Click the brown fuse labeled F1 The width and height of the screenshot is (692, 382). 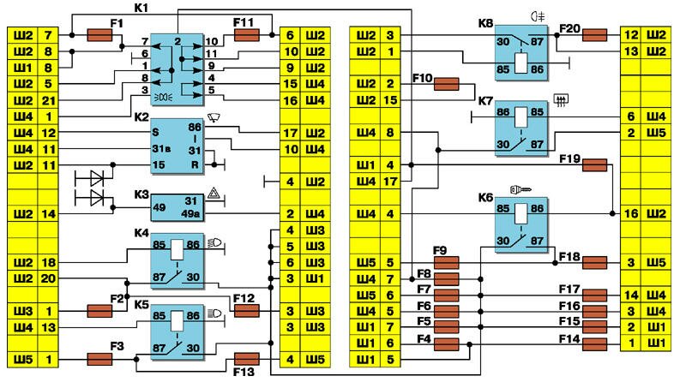(x=101, y=35)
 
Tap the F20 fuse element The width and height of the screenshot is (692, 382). (x=595, y=35)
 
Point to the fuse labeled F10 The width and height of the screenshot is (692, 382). (x=447, y=84)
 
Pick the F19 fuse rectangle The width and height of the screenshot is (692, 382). (x=595, y=164)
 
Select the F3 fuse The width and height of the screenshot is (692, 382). (x=101, y=358)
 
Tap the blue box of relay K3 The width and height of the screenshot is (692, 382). (x=178, y=205)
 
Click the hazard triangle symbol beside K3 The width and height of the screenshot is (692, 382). (x=212, y=197)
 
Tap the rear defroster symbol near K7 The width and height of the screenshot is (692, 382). (x=562, y=101)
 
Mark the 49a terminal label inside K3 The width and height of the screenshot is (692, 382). (x=191, y=213)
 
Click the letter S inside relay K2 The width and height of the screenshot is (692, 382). (x=157, y=133)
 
